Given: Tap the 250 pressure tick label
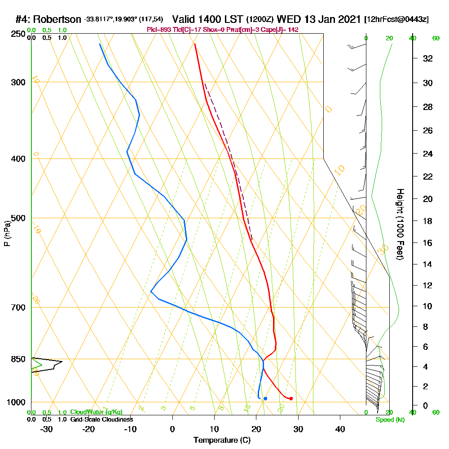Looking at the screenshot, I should coord(17,34).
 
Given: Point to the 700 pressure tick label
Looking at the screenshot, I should coord(17,308).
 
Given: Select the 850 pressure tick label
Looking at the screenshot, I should coord(17,359).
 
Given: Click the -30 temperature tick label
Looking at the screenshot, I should coord(47,429).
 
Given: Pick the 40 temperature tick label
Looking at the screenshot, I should coord(340,429).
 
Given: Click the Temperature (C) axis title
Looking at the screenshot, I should coord(222,440).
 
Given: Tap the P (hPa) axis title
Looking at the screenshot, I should coord(7,234).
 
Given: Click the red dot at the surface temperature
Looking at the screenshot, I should coord(291,399).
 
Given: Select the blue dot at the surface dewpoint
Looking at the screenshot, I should coord(265,399).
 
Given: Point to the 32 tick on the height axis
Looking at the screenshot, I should coord(428,58).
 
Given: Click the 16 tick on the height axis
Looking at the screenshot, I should coord(428,243).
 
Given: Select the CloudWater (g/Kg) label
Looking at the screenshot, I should coord(96,412).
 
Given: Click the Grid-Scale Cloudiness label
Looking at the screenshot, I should coord(101,419).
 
